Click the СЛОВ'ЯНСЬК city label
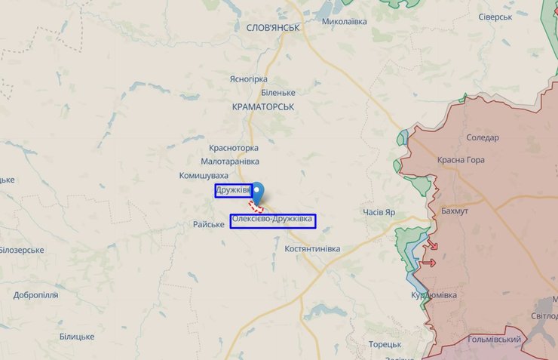point(273,27)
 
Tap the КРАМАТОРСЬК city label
point(263,107)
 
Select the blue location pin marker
point(258,192)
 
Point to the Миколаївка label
point(344,21)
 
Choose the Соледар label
point(483,137)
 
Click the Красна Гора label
point(461,160)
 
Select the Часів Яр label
point(379,213)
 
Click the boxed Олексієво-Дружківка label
point(272,220)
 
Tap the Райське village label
point(209,224)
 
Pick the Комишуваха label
point(204,176)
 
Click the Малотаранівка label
point(230,162)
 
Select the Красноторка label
point(234,148)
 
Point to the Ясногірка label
point(248,78)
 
